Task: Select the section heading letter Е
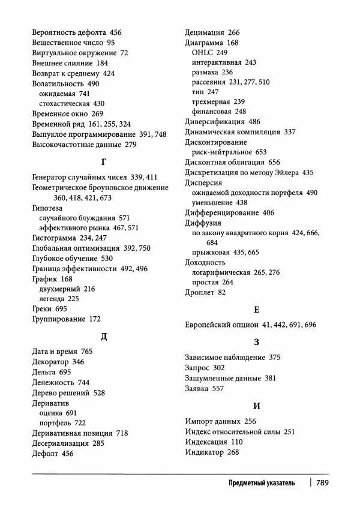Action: tap(256, 310)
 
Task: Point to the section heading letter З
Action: tap(256, 342)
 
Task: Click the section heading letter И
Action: tap(256, 406)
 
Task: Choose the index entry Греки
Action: tap(41, 308)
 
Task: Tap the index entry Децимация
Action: tap(205, 32)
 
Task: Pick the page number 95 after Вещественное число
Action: tap(110, 43)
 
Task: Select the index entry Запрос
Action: tap(197, 367)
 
